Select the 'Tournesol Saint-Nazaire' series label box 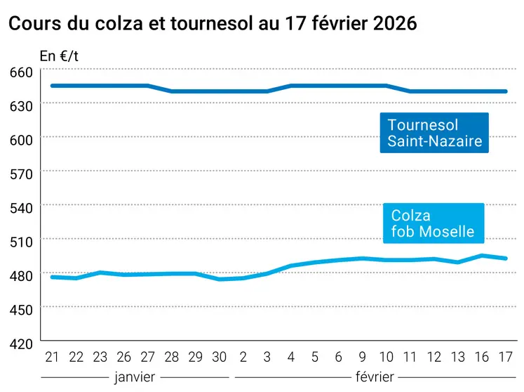[x=434, y=133]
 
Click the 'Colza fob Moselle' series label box [x=433, y=223]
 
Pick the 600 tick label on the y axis [x=21, y=139]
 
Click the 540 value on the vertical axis [x=21, y=207]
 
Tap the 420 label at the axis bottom [x=21, y=343]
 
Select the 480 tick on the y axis [x=21, y=275]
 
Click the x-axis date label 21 [x=51, y=357]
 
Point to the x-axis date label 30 [x=220, y=357]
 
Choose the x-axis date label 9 [x=363, y=357]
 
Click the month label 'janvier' [x=135, y=376]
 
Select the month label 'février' [x=375, y=376]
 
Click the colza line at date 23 [x=100, y=273]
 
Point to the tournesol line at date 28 [x=172, y=91]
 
